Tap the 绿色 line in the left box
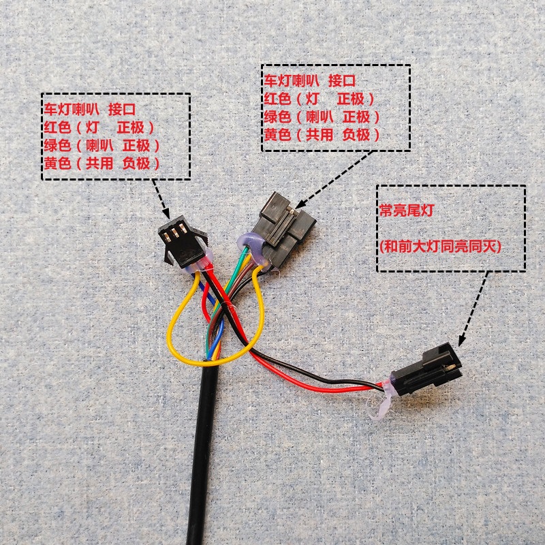[x=102, y=145]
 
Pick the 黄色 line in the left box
[x=102, y=163]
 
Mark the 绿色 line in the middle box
[x=321, y=116]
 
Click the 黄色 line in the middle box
[x=321, y=135]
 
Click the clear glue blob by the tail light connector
[x=381, y=402]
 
